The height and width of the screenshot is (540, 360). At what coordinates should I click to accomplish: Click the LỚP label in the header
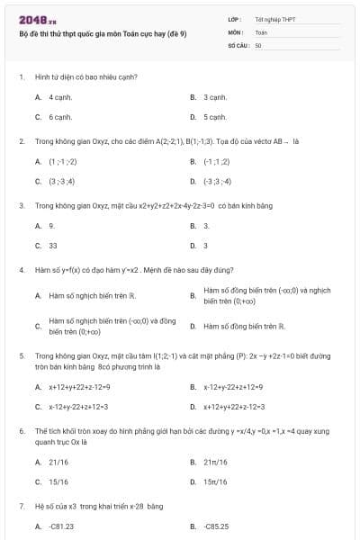(233, 19)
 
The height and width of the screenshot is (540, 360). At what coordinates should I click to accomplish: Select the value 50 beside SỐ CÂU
(258, 44)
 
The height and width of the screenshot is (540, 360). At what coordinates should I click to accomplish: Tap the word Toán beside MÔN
(261, 31)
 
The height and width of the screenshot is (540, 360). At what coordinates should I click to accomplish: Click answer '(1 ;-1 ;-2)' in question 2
(62, 161)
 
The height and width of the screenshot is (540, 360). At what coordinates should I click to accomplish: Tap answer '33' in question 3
(53, 245)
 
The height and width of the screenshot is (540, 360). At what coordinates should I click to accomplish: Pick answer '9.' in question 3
(52, 225)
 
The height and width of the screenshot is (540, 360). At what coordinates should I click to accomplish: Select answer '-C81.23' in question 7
(61, 526)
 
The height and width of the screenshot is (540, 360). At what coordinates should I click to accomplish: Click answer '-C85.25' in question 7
(216, 526)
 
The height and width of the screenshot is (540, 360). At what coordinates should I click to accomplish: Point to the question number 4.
(21, 269)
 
